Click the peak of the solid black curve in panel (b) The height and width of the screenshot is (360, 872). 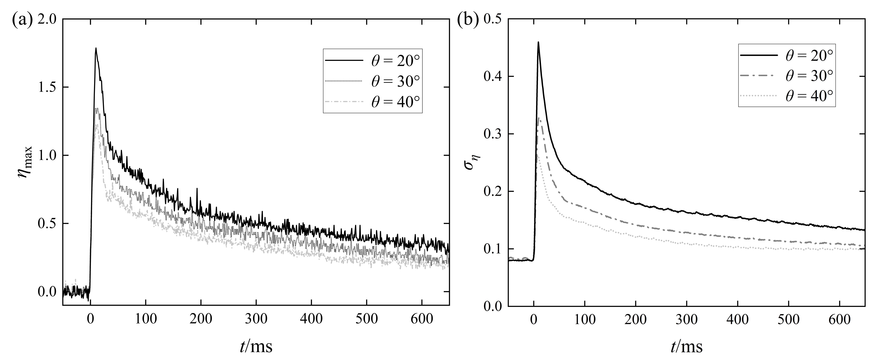538,42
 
